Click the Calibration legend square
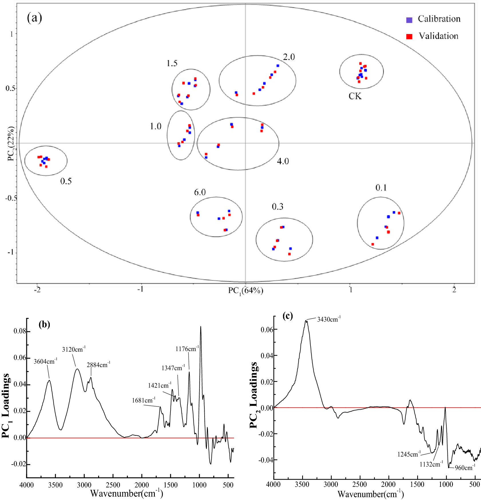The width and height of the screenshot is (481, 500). click(409, 20)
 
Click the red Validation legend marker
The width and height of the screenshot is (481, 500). click(409, 37)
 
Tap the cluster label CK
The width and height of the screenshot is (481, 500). click(355, 96)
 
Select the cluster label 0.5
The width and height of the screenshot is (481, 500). click(66, 181)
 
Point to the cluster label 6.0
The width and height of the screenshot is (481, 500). click(200, 192)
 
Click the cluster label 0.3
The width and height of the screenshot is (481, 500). click(278, 206)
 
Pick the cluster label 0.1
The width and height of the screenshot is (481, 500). click(381, 188)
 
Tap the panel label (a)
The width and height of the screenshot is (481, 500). click(34, 18)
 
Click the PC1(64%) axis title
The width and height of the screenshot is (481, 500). click(246, 290)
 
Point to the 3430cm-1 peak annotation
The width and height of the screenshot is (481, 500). click(329, 319)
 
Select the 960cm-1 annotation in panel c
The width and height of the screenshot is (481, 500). click(465, 468)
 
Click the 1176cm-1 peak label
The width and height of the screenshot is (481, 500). click(187, 349)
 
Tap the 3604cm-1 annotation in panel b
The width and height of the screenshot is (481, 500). click(45, 361)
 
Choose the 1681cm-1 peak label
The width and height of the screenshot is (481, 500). click(143, 400)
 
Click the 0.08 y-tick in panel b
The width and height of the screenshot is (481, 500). click(19, 331)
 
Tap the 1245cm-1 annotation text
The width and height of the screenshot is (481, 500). click(409, 454)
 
